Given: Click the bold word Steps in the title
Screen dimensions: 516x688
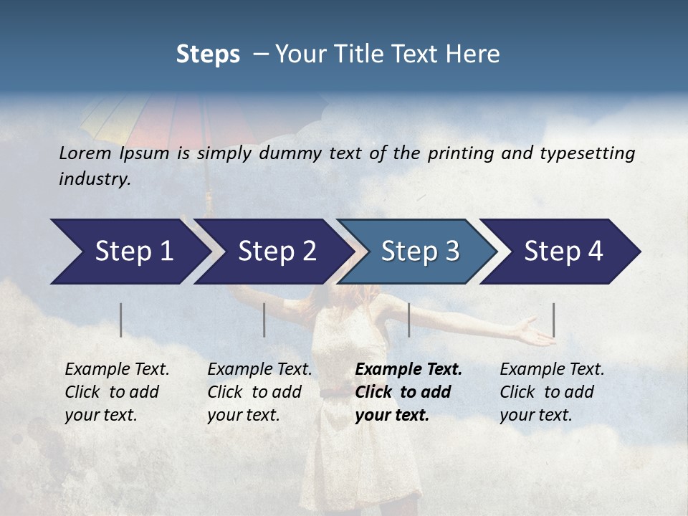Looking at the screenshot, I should (208, 54).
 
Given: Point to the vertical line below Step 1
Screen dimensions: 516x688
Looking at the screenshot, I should (121, 320).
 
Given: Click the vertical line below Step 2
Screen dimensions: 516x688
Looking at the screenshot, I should (264, 320).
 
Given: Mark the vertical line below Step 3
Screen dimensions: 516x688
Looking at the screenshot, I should (408, 320).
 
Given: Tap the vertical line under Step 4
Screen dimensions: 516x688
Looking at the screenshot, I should (554, 320).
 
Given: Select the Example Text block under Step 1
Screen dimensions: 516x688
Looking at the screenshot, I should (117, 391).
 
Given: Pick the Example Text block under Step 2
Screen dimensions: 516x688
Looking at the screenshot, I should (259, 391).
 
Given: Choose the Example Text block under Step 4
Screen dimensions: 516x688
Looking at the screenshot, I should (552, 391).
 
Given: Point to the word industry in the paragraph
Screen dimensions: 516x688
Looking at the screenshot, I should (95, 179).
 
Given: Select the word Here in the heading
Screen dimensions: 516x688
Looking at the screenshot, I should (476, 54).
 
